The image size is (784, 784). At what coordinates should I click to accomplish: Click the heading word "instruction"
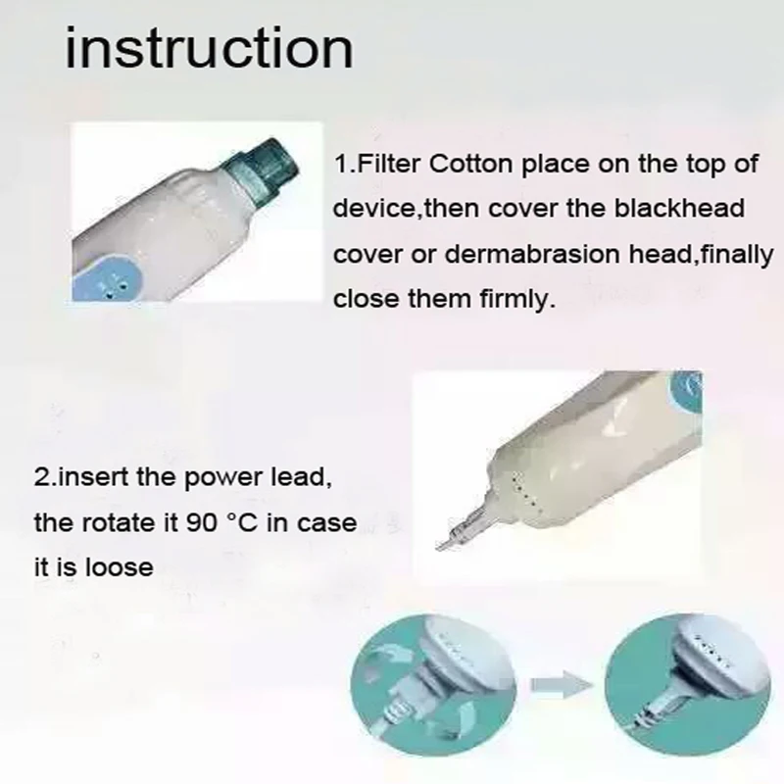tap(208, 48)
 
